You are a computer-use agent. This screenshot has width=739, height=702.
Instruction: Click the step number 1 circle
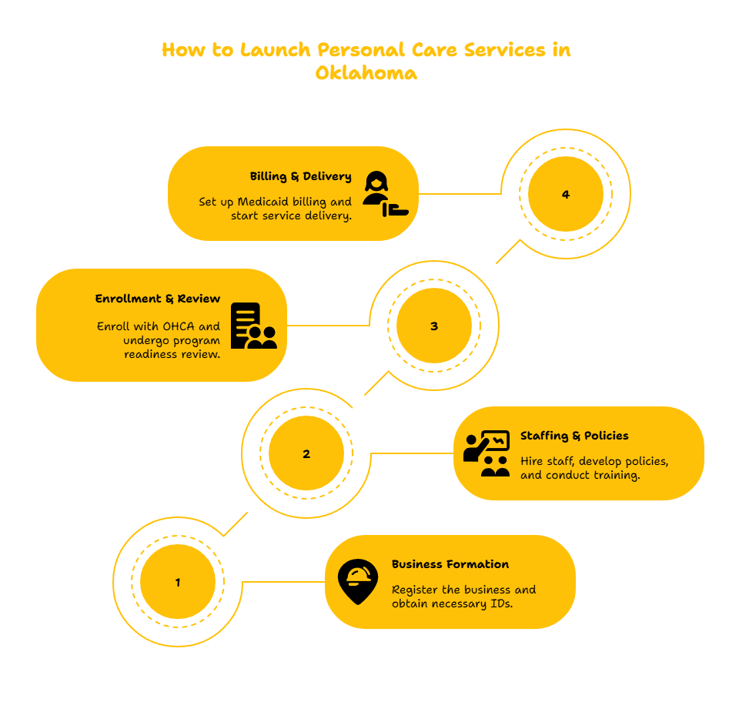178,582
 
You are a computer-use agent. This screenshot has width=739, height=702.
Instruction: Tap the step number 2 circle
306,453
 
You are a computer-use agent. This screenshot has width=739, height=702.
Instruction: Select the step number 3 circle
434,326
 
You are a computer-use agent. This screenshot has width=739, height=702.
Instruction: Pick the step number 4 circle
566,194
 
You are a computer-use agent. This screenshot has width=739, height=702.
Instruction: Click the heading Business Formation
450,564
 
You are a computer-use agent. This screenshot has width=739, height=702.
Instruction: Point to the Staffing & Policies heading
574,436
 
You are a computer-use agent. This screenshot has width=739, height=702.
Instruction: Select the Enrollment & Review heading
157,299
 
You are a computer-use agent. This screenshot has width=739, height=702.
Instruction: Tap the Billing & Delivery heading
301,176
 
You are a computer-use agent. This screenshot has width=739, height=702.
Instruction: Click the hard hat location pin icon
358,581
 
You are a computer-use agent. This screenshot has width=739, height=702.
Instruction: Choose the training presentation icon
487,453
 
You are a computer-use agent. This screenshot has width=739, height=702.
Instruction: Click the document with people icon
253,326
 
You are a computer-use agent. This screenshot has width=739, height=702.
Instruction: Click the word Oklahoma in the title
366,73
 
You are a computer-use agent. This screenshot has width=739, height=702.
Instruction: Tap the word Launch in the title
276,50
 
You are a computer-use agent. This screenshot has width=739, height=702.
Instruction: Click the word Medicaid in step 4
262,202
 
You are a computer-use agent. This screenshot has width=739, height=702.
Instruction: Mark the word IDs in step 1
501,603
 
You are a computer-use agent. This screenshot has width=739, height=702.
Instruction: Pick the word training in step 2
617,475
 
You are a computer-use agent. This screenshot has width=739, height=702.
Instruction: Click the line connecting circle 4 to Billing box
460,194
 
